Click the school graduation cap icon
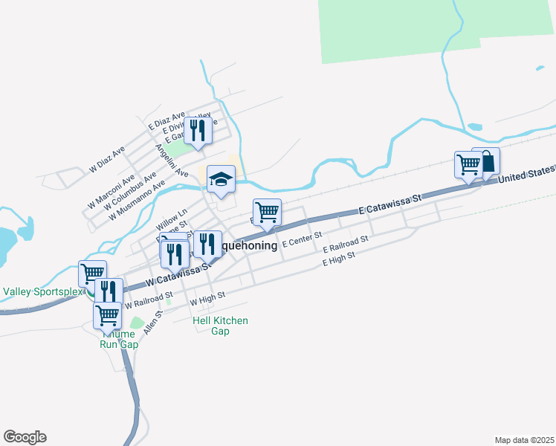221,179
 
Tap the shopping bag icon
486,161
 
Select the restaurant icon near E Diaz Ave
197,131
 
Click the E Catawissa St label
389,205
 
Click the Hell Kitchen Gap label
220,326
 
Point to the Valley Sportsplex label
42,291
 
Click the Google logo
25,437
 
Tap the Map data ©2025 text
524,440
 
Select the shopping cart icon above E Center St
267,212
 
